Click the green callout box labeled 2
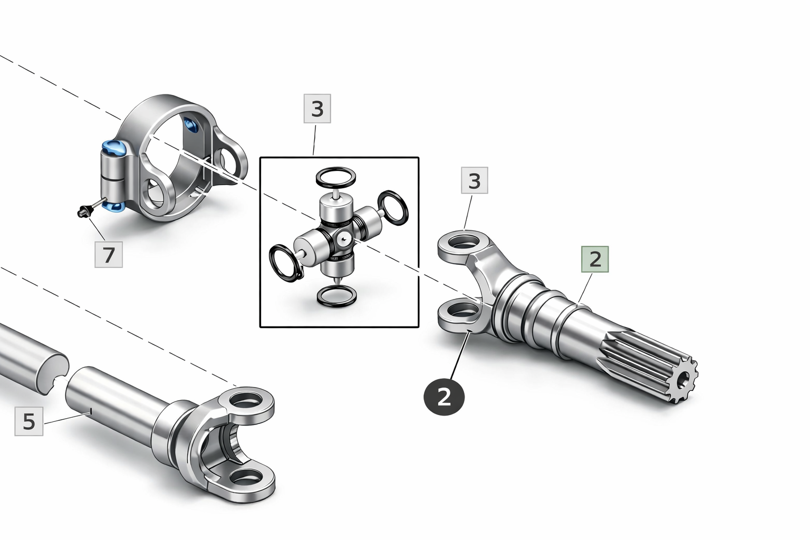pyautogui.click(x=595, y=259)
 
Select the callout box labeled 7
pyautogui.click(x=109, y=255)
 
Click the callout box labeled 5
pyautogui.click(x=29, y=421)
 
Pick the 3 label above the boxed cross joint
pyautogui.click(x=317, y=109)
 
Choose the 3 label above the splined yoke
pyautogui.click(x=475, y=180)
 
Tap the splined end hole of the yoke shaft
pyautogui.click(x=683, y=379)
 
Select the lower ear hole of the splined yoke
pyautogui.click(x=463, y=310)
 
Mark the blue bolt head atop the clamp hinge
pyautogui.click(x=113, y=148)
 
